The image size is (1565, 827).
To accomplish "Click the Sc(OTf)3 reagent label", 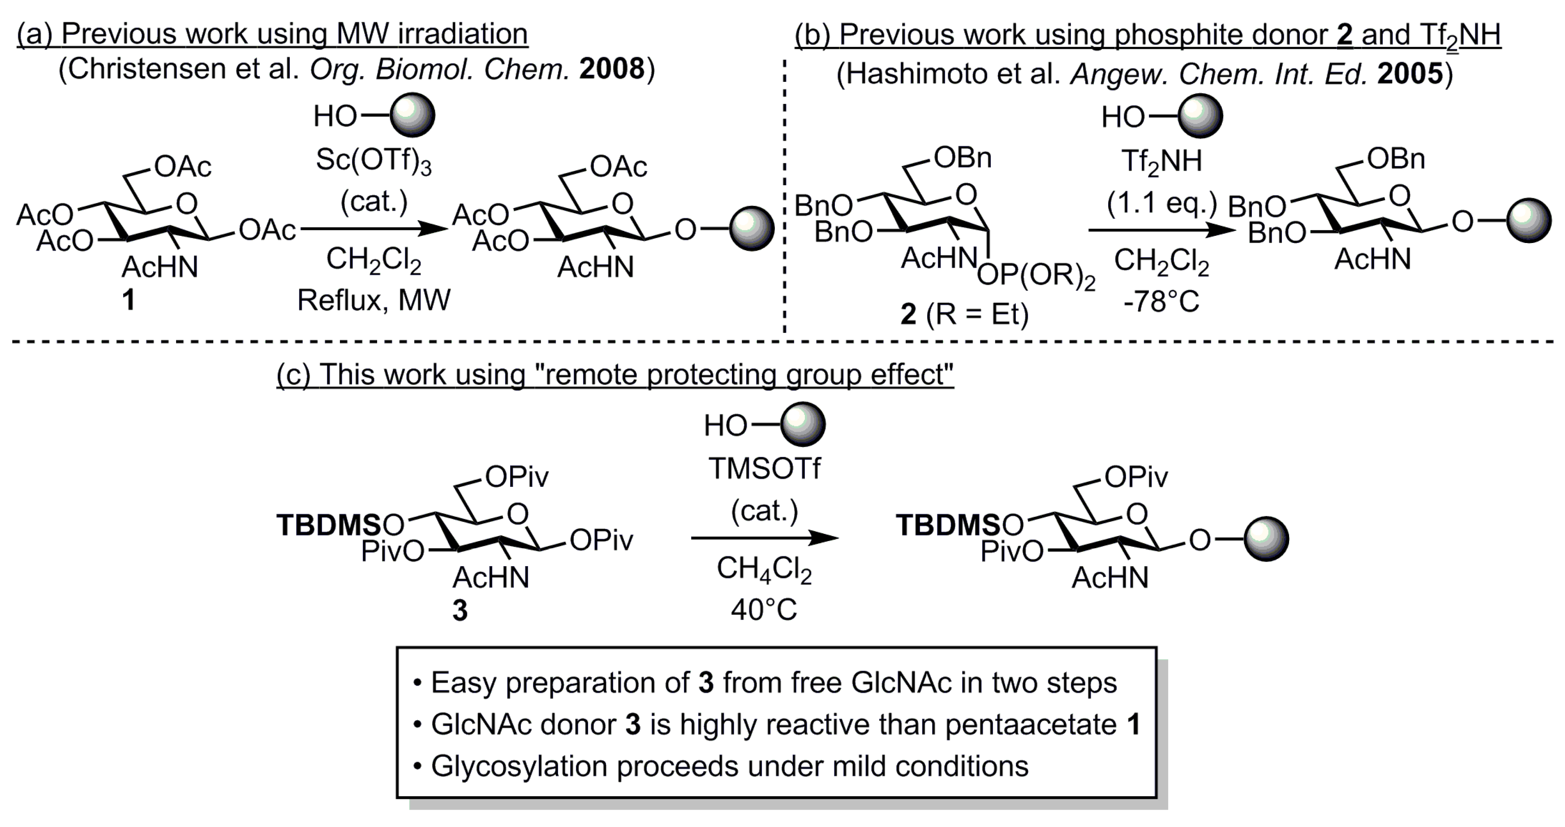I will pos(373,161).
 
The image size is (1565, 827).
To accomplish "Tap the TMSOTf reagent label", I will pos(764,468).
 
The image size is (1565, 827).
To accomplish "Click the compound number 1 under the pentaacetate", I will pos(128,300).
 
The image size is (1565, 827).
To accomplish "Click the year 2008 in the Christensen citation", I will pos(611,69).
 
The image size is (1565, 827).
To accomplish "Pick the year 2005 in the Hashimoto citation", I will pos(1410,73).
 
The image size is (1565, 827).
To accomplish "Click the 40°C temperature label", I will pos(764,609).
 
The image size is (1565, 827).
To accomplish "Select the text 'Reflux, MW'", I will pos(374,300).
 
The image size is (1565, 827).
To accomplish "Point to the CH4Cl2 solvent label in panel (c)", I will pos(764,570).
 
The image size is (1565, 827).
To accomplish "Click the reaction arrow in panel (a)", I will pos(374,229).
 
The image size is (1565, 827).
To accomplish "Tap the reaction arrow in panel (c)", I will pos(764,537).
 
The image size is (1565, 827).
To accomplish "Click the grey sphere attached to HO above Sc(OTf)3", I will pos(413,115).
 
